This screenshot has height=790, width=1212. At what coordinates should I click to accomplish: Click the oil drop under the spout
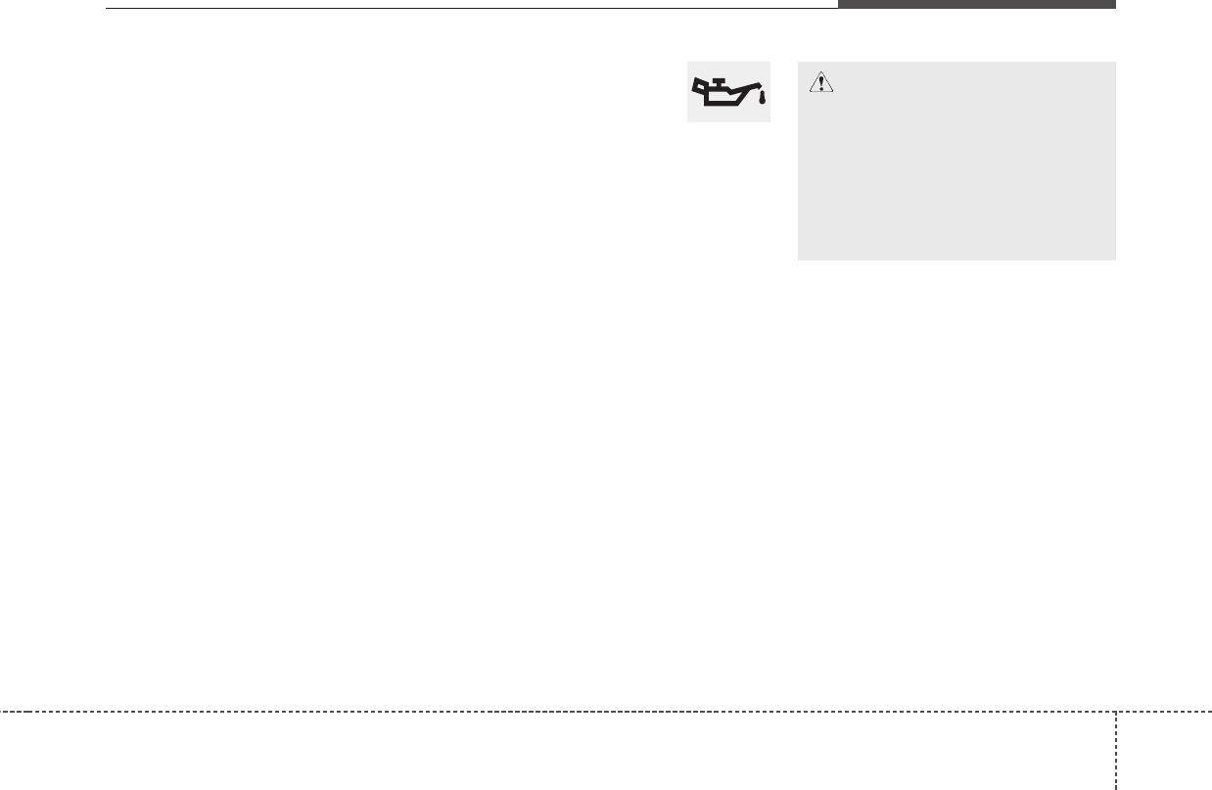[x=761, y=98]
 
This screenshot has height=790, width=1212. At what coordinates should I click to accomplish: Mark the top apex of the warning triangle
[x=821, y=75]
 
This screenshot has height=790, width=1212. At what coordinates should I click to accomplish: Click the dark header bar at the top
[x=976, y=4]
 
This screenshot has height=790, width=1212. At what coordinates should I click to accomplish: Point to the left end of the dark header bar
[x=839, y=4]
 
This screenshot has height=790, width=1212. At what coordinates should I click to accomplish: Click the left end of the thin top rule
[x=107, y=9]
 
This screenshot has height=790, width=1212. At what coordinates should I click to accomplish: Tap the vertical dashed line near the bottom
[x=1116, y=754]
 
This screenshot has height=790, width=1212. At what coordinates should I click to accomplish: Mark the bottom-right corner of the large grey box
[x=1115, y=259]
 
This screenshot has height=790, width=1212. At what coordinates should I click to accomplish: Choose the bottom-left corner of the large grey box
[x=799, y=259]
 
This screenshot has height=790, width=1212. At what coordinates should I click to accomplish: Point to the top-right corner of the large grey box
[x=1115, y=63]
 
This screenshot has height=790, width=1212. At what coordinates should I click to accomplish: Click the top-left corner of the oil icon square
[x=688, y=63]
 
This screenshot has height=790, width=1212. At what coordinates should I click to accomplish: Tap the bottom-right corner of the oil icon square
[x=769, y=121]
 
